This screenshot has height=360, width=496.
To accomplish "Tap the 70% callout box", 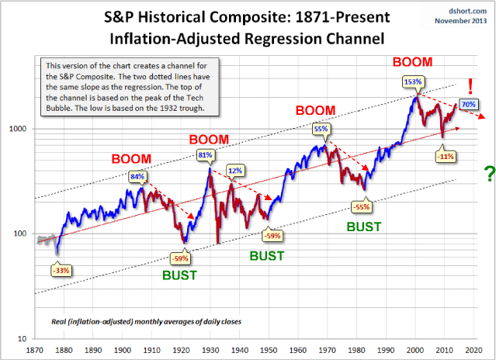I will pyautogui.click(x=469, y=104).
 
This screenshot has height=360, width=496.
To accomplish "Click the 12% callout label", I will pyautogui.click(x=234, y=170).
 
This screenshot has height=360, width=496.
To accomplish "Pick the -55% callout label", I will pyautogui.click(x=362, y=207).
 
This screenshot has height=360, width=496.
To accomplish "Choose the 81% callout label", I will pyautogui.click(x=206, y=155).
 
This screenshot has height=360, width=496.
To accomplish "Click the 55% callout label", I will pyautogui.click(x=321, y=130).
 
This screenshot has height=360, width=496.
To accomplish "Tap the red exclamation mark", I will pyautogui.click(x=471, y=85).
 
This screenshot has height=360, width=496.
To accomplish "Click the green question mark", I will pyautogui.click(x=489, y=175).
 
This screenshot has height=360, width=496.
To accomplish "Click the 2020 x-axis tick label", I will pyautogui.click(x=480, y=349).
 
